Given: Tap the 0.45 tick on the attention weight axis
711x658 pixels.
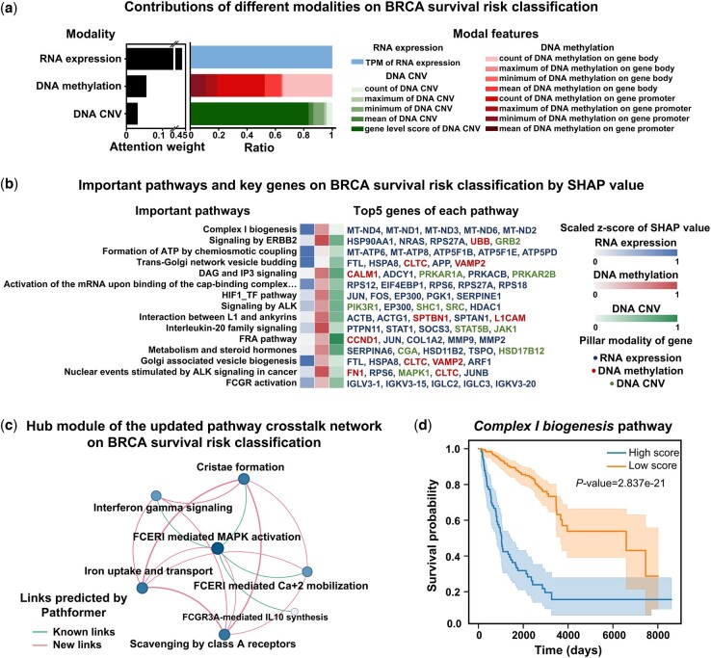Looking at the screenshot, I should [x=177, y=136].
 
